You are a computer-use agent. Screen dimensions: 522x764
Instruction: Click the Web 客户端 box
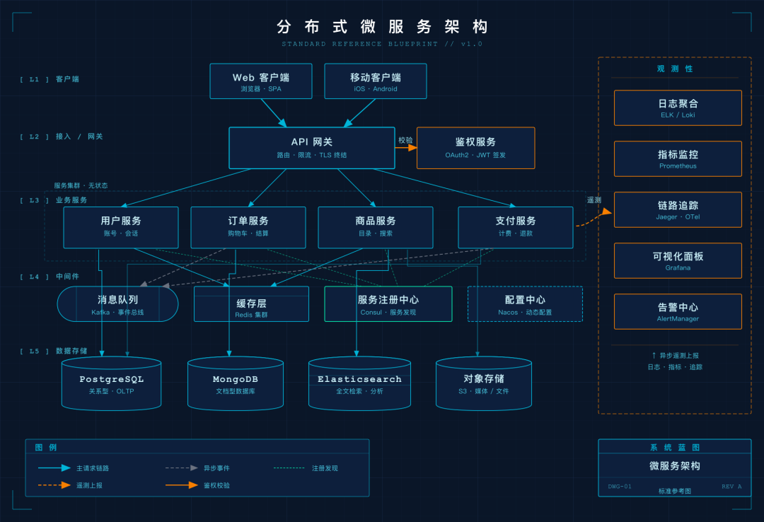point(260,81)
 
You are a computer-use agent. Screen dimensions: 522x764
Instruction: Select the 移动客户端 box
point(375,81)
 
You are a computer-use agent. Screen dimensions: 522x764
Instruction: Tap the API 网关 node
point(312,148)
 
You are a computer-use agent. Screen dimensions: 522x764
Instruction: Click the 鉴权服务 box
point(475,148)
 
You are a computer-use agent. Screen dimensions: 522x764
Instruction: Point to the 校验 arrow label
point(405,140)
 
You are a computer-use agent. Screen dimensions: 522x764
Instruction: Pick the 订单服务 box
point(248,227)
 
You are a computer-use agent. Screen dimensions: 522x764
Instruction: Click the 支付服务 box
point(516,227)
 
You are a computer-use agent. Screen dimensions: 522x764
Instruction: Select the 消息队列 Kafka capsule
point(117,304)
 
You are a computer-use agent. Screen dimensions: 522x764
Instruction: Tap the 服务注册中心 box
point(388,304)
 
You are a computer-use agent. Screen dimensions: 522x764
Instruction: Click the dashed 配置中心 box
point(525,304)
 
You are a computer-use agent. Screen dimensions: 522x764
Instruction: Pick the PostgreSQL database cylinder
point(111,384)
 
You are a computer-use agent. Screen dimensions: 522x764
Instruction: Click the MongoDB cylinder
point(236,384)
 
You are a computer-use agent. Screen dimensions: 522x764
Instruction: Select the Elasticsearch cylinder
point(359,384)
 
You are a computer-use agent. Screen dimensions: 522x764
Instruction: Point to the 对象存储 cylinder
point(484,384)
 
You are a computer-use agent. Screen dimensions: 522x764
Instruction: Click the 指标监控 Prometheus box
point(678,159)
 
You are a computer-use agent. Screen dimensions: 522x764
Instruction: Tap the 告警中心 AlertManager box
point(678,312)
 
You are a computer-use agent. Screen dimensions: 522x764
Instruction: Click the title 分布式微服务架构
point(382,27)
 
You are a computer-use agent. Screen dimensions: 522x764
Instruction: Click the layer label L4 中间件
point(50,277)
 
